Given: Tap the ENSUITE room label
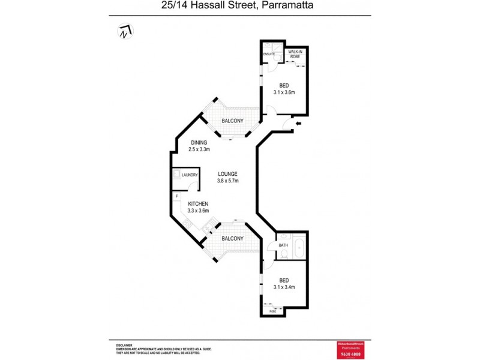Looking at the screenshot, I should (x=269, y=55).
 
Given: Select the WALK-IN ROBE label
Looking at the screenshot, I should (x=295, y=55).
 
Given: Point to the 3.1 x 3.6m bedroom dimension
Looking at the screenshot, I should (x=284, y=92).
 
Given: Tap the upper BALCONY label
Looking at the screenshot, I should (x=232, y=121).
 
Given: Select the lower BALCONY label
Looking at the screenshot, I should (x=232, y=238).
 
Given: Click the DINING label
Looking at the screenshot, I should (x=199, y=142).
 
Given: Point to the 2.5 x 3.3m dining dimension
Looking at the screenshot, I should (x=199, y=149).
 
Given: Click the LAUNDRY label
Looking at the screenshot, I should (x=190, y=175).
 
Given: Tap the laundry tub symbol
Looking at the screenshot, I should (x=177, y=175).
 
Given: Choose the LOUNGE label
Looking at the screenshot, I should (x=227, y=174).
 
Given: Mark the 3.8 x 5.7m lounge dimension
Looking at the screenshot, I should (x=227, y=181).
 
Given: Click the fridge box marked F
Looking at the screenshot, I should (x=177, y=196).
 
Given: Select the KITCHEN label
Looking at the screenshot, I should (x=198, y=204).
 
